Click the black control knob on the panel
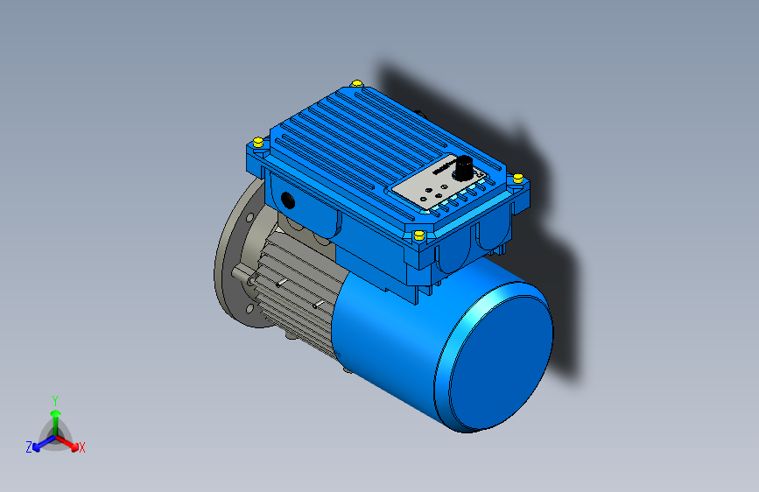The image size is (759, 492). (x=462, y=166)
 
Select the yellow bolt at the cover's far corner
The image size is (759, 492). (x=357, y=83)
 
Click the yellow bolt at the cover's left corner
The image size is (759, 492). (x=257, y=142)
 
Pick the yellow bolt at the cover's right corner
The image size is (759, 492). (x=517, y=178)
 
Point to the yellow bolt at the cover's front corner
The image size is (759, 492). (x=418, y=235)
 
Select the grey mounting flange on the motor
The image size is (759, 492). (x=229, y=263)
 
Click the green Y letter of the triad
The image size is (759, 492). (x=54, y=399)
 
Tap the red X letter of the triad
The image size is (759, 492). (x=82, y=448)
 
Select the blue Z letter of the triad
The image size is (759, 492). (x=29, y=447)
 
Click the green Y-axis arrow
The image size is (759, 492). (x=55, y=416)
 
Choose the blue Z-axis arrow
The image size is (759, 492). (x=40, y=442)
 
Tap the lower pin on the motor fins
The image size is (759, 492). (x=319, y=305)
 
